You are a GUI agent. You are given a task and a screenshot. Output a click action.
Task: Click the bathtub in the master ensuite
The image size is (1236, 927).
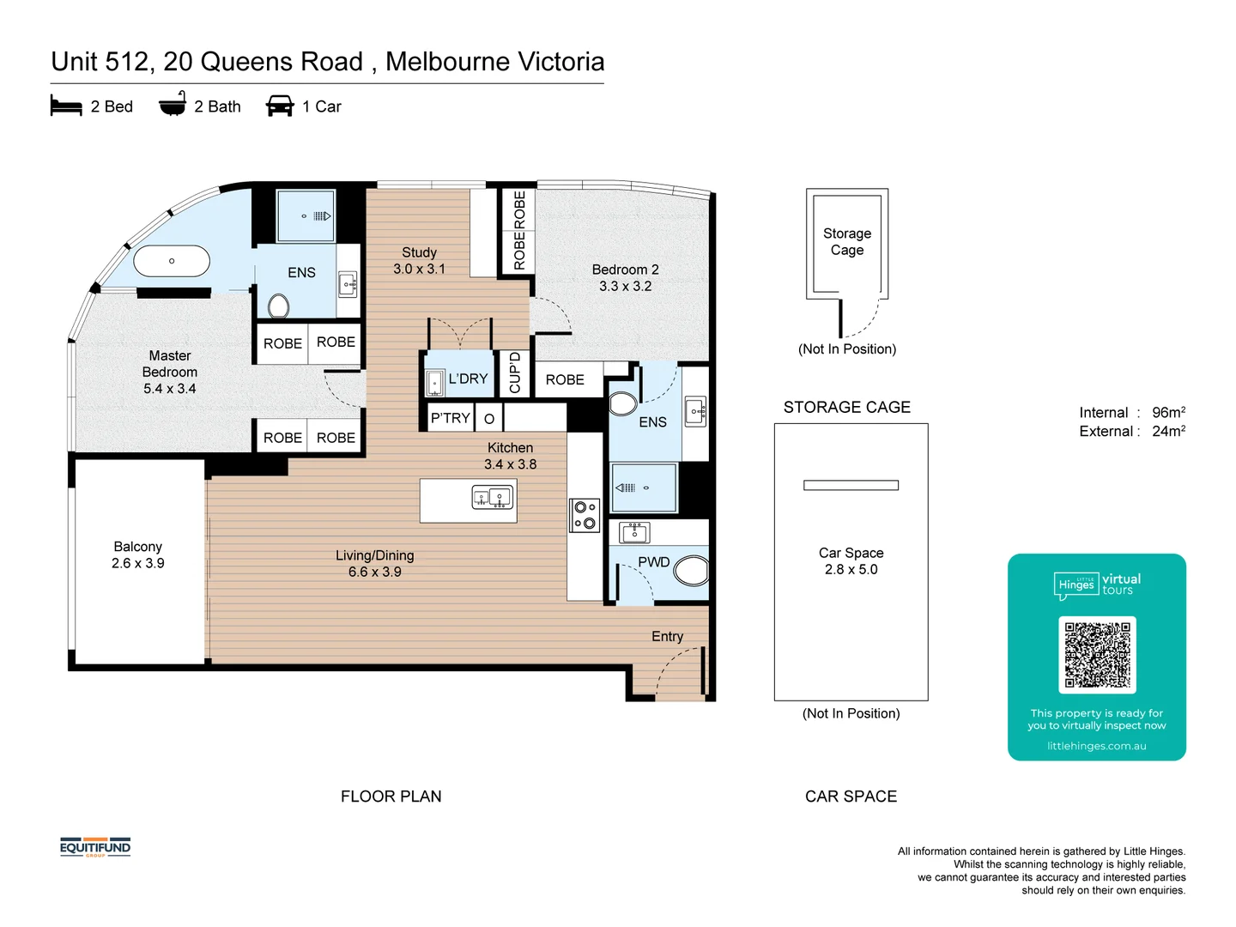[x=172, y=261]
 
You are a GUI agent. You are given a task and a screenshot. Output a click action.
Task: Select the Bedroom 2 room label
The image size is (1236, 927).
[x=625, y=270]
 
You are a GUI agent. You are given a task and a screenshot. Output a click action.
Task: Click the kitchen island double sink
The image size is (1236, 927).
[x=492, y=497]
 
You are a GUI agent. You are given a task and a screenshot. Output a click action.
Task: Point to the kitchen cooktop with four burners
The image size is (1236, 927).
[x=585, y=515]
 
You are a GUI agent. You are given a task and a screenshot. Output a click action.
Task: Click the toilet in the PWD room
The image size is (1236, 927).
[x=691, y=570]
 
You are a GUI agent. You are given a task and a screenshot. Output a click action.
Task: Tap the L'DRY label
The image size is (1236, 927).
[x=468, y=379]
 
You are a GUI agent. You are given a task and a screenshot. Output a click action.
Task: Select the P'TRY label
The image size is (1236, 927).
[x=450, y=418]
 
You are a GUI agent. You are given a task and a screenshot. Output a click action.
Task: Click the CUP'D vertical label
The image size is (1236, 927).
[x=515, y=373]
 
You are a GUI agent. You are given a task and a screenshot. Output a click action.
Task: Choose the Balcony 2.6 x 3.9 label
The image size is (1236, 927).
[x=138, y=555]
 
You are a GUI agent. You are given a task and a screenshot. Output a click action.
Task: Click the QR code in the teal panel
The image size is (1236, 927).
[x=1097, y=655]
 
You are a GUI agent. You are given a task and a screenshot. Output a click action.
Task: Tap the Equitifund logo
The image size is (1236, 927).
[x=95, y=848]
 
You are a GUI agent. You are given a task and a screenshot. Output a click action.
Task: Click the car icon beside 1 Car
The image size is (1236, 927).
[x=280, y=106]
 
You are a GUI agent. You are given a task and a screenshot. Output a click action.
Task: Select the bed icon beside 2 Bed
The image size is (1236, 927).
[x=66, y=106]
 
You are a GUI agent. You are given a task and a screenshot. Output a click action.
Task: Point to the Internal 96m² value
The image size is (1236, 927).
[x=1168, y=412]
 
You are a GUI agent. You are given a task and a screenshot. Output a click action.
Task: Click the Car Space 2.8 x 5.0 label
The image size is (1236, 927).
[x=851, y=561]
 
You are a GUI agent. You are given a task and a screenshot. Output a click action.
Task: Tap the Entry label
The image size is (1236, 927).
[x=667, y=637]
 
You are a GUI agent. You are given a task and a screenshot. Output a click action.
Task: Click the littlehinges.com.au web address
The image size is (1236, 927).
[x=1096, y=747]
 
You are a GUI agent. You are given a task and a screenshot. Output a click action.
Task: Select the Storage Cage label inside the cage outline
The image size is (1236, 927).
[x=847, y=241]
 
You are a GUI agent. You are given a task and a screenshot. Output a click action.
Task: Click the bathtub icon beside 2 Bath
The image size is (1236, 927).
[x=173, y=104]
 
